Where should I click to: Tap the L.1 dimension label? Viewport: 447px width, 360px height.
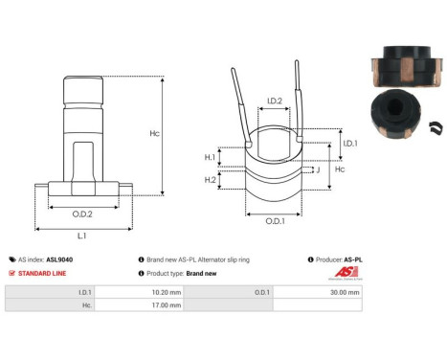[x=82, y=235]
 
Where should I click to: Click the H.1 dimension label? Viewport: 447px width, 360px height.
[x=211, y=157]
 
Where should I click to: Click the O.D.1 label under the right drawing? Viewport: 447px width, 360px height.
[x=274, y=223]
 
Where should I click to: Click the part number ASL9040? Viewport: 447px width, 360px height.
[x=59, y=259]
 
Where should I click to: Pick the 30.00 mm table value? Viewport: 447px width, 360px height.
[x=346, y=290]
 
